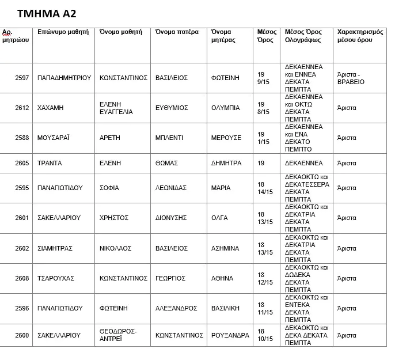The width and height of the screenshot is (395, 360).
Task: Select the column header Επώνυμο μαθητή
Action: (62, 32)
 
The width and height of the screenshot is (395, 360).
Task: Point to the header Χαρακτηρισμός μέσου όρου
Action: (360, 36)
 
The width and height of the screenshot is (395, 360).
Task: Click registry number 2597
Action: (22, 78)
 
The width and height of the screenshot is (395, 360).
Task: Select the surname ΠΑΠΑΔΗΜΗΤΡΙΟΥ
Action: (64, 78)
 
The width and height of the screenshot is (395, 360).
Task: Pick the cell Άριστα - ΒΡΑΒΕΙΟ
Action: (351, 78)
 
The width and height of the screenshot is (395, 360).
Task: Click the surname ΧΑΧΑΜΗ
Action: (50, 108)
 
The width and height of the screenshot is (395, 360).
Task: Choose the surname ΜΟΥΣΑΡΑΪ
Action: (54, 138)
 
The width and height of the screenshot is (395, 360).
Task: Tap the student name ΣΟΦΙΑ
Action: (110, 188)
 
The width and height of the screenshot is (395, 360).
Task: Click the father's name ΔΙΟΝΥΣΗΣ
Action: (172, 218)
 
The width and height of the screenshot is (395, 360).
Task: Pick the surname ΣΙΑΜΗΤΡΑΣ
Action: (55, 248)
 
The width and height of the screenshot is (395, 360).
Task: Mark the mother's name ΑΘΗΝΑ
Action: (222, 278)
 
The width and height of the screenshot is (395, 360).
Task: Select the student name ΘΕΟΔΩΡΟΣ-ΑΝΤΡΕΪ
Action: (118, 335)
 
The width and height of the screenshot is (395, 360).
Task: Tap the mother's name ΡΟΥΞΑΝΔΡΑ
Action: (230, 335)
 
